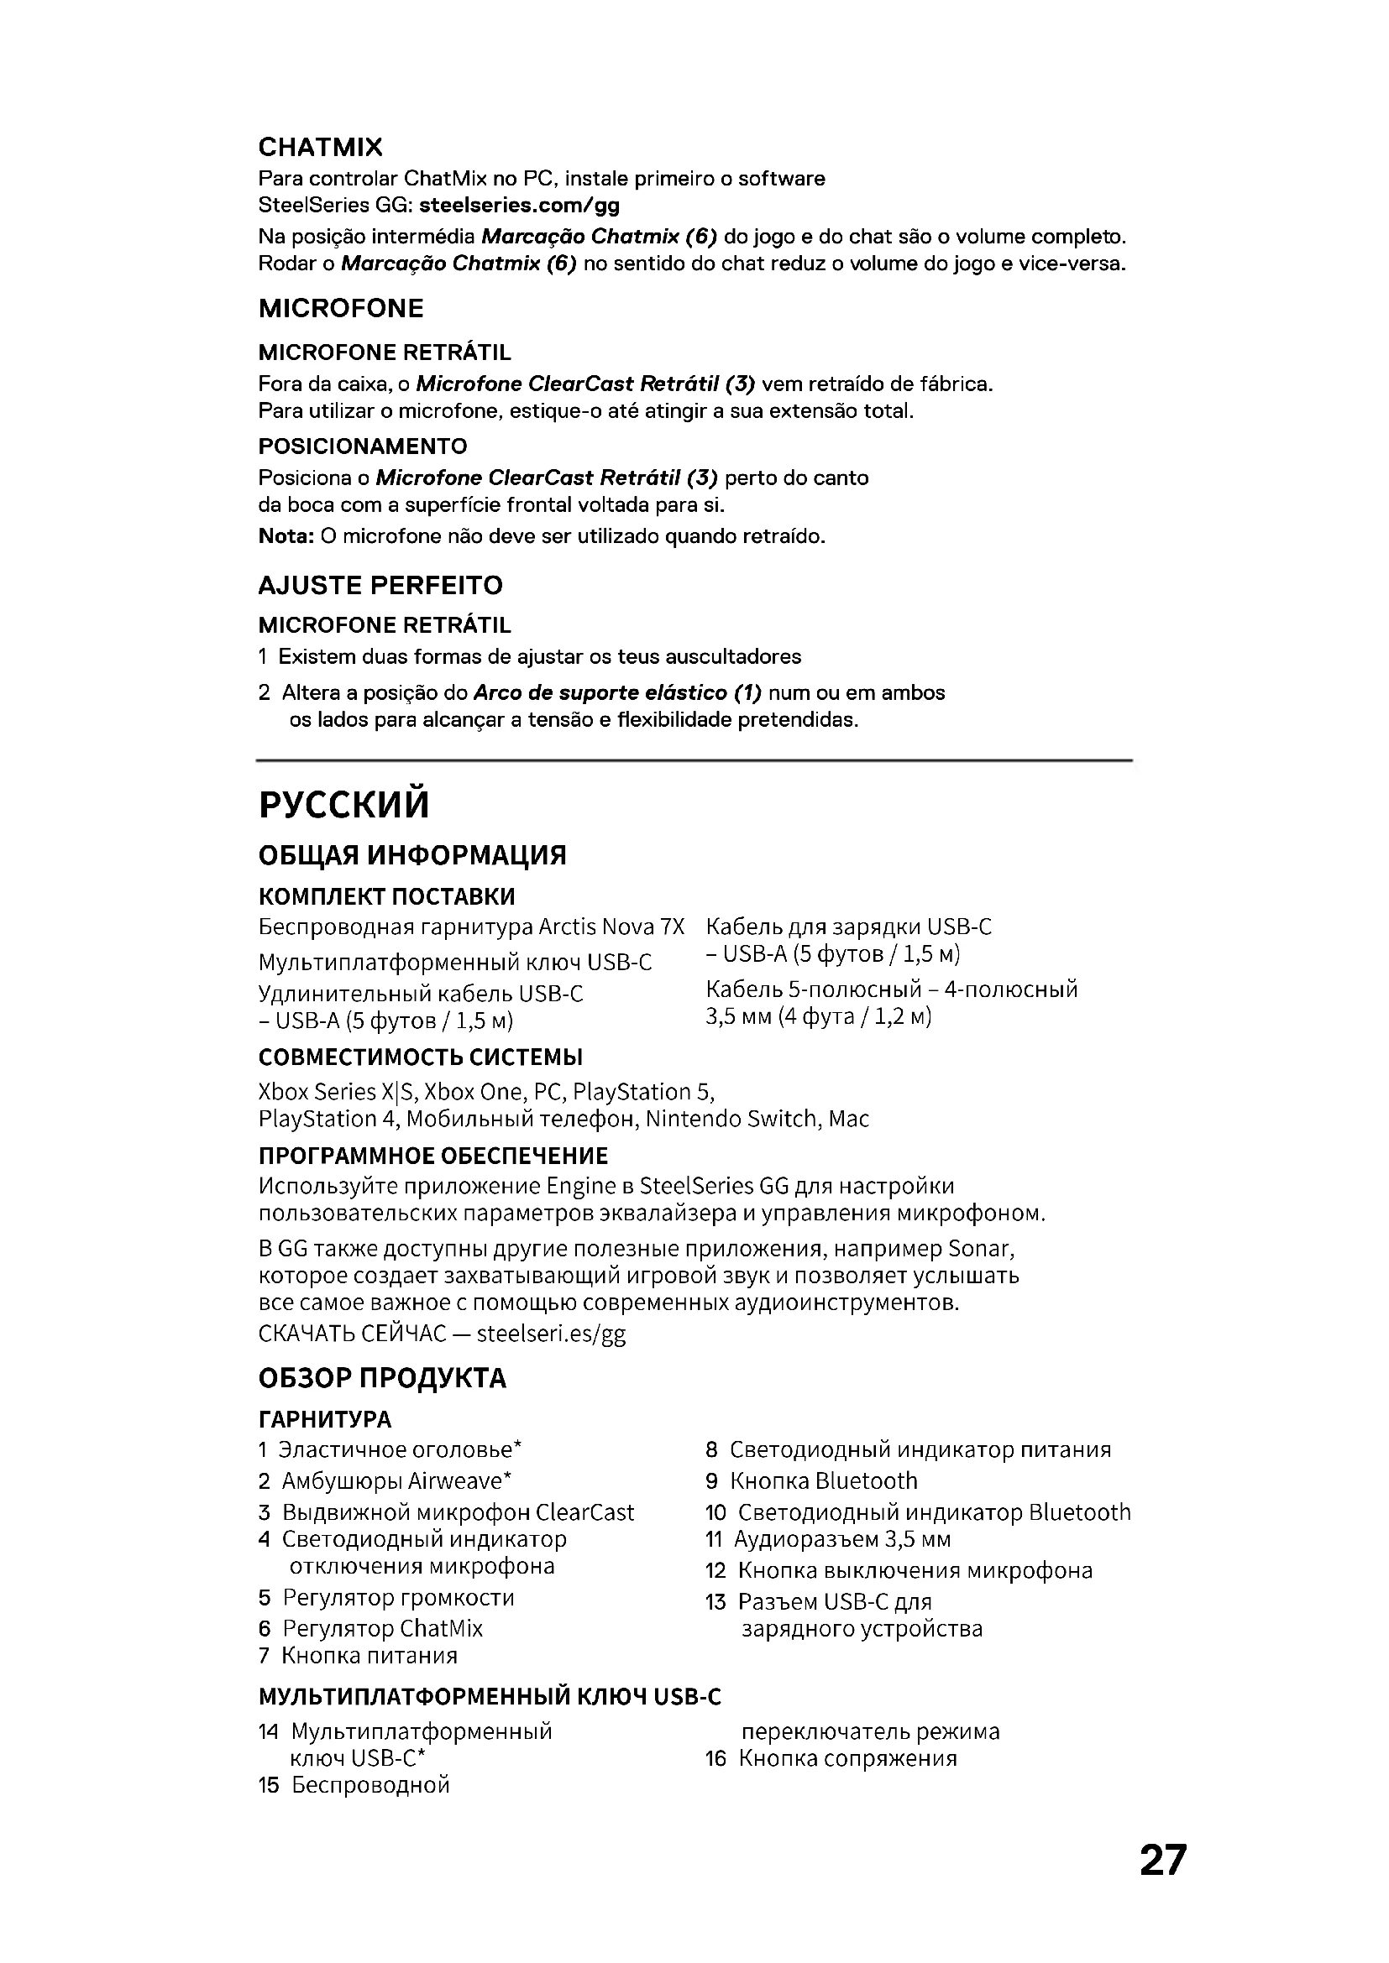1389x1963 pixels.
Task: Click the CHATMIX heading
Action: coord(320,147)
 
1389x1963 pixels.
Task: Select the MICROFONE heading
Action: coord(340,308)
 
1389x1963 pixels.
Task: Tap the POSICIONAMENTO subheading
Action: coord(363,446)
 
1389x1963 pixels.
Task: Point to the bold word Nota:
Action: coord(286,536)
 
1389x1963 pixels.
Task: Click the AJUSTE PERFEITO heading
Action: coord(380,586)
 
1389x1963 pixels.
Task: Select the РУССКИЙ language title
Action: coord(343,805)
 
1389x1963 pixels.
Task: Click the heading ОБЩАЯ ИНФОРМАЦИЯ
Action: coord(412,855)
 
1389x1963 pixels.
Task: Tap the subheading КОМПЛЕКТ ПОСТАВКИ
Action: coord(386,897)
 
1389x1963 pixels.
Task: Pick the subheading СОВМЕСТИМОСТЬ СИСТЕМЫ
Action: coord(420,1057)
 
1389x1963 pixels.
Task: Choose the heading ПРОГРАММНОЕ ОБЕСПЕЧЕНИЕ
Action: coord(432,1156)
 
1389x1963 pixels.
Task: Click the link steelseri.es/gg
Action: coord(551,1334)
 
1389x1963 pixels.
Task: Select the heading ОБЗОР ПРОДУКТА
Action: coord(382,1378)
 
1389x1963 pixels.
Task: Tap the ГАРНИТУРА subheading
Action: coord(325,1420)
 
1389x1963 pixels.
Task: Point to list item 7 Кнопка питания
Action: coord(359,1656)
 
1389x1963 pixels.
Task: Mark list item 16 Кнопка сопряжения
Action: coord(831,1759)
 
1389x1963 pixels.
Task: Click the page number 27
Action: coord(1162,1861)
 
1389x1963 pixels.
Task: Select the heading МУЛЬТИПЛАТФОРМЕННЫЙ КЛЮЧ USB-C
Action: coord(490,1697)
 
